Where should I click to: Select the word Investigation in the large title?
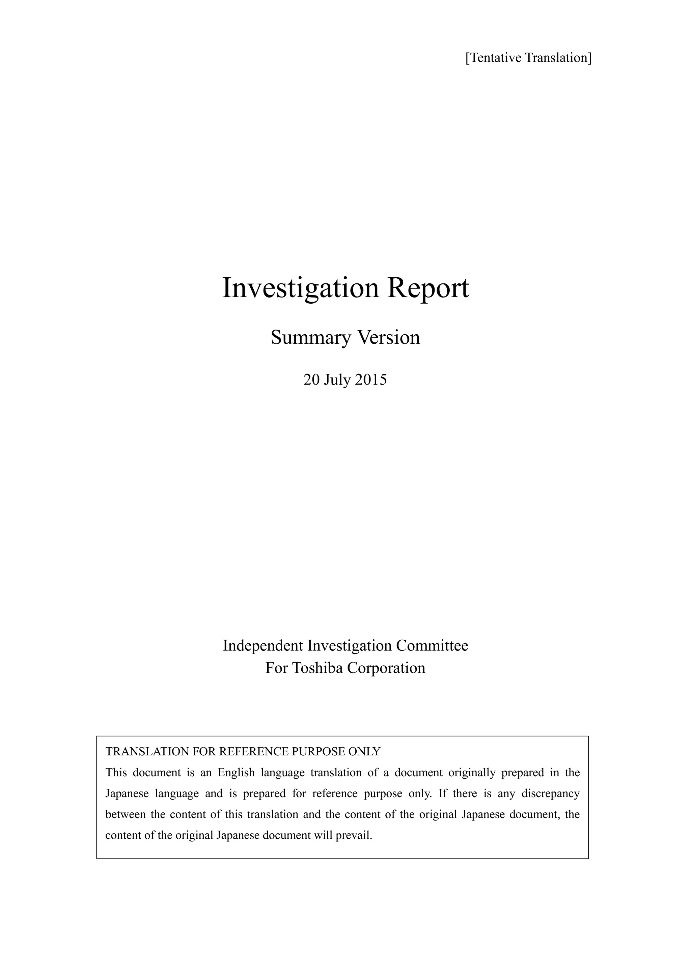(x=300, y=288)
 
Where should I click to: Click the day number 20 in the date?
(x=311, y=380)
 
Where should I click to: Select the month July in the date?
(x=337, y=380)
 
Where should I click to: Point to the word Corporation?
(x=386, y=668)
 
